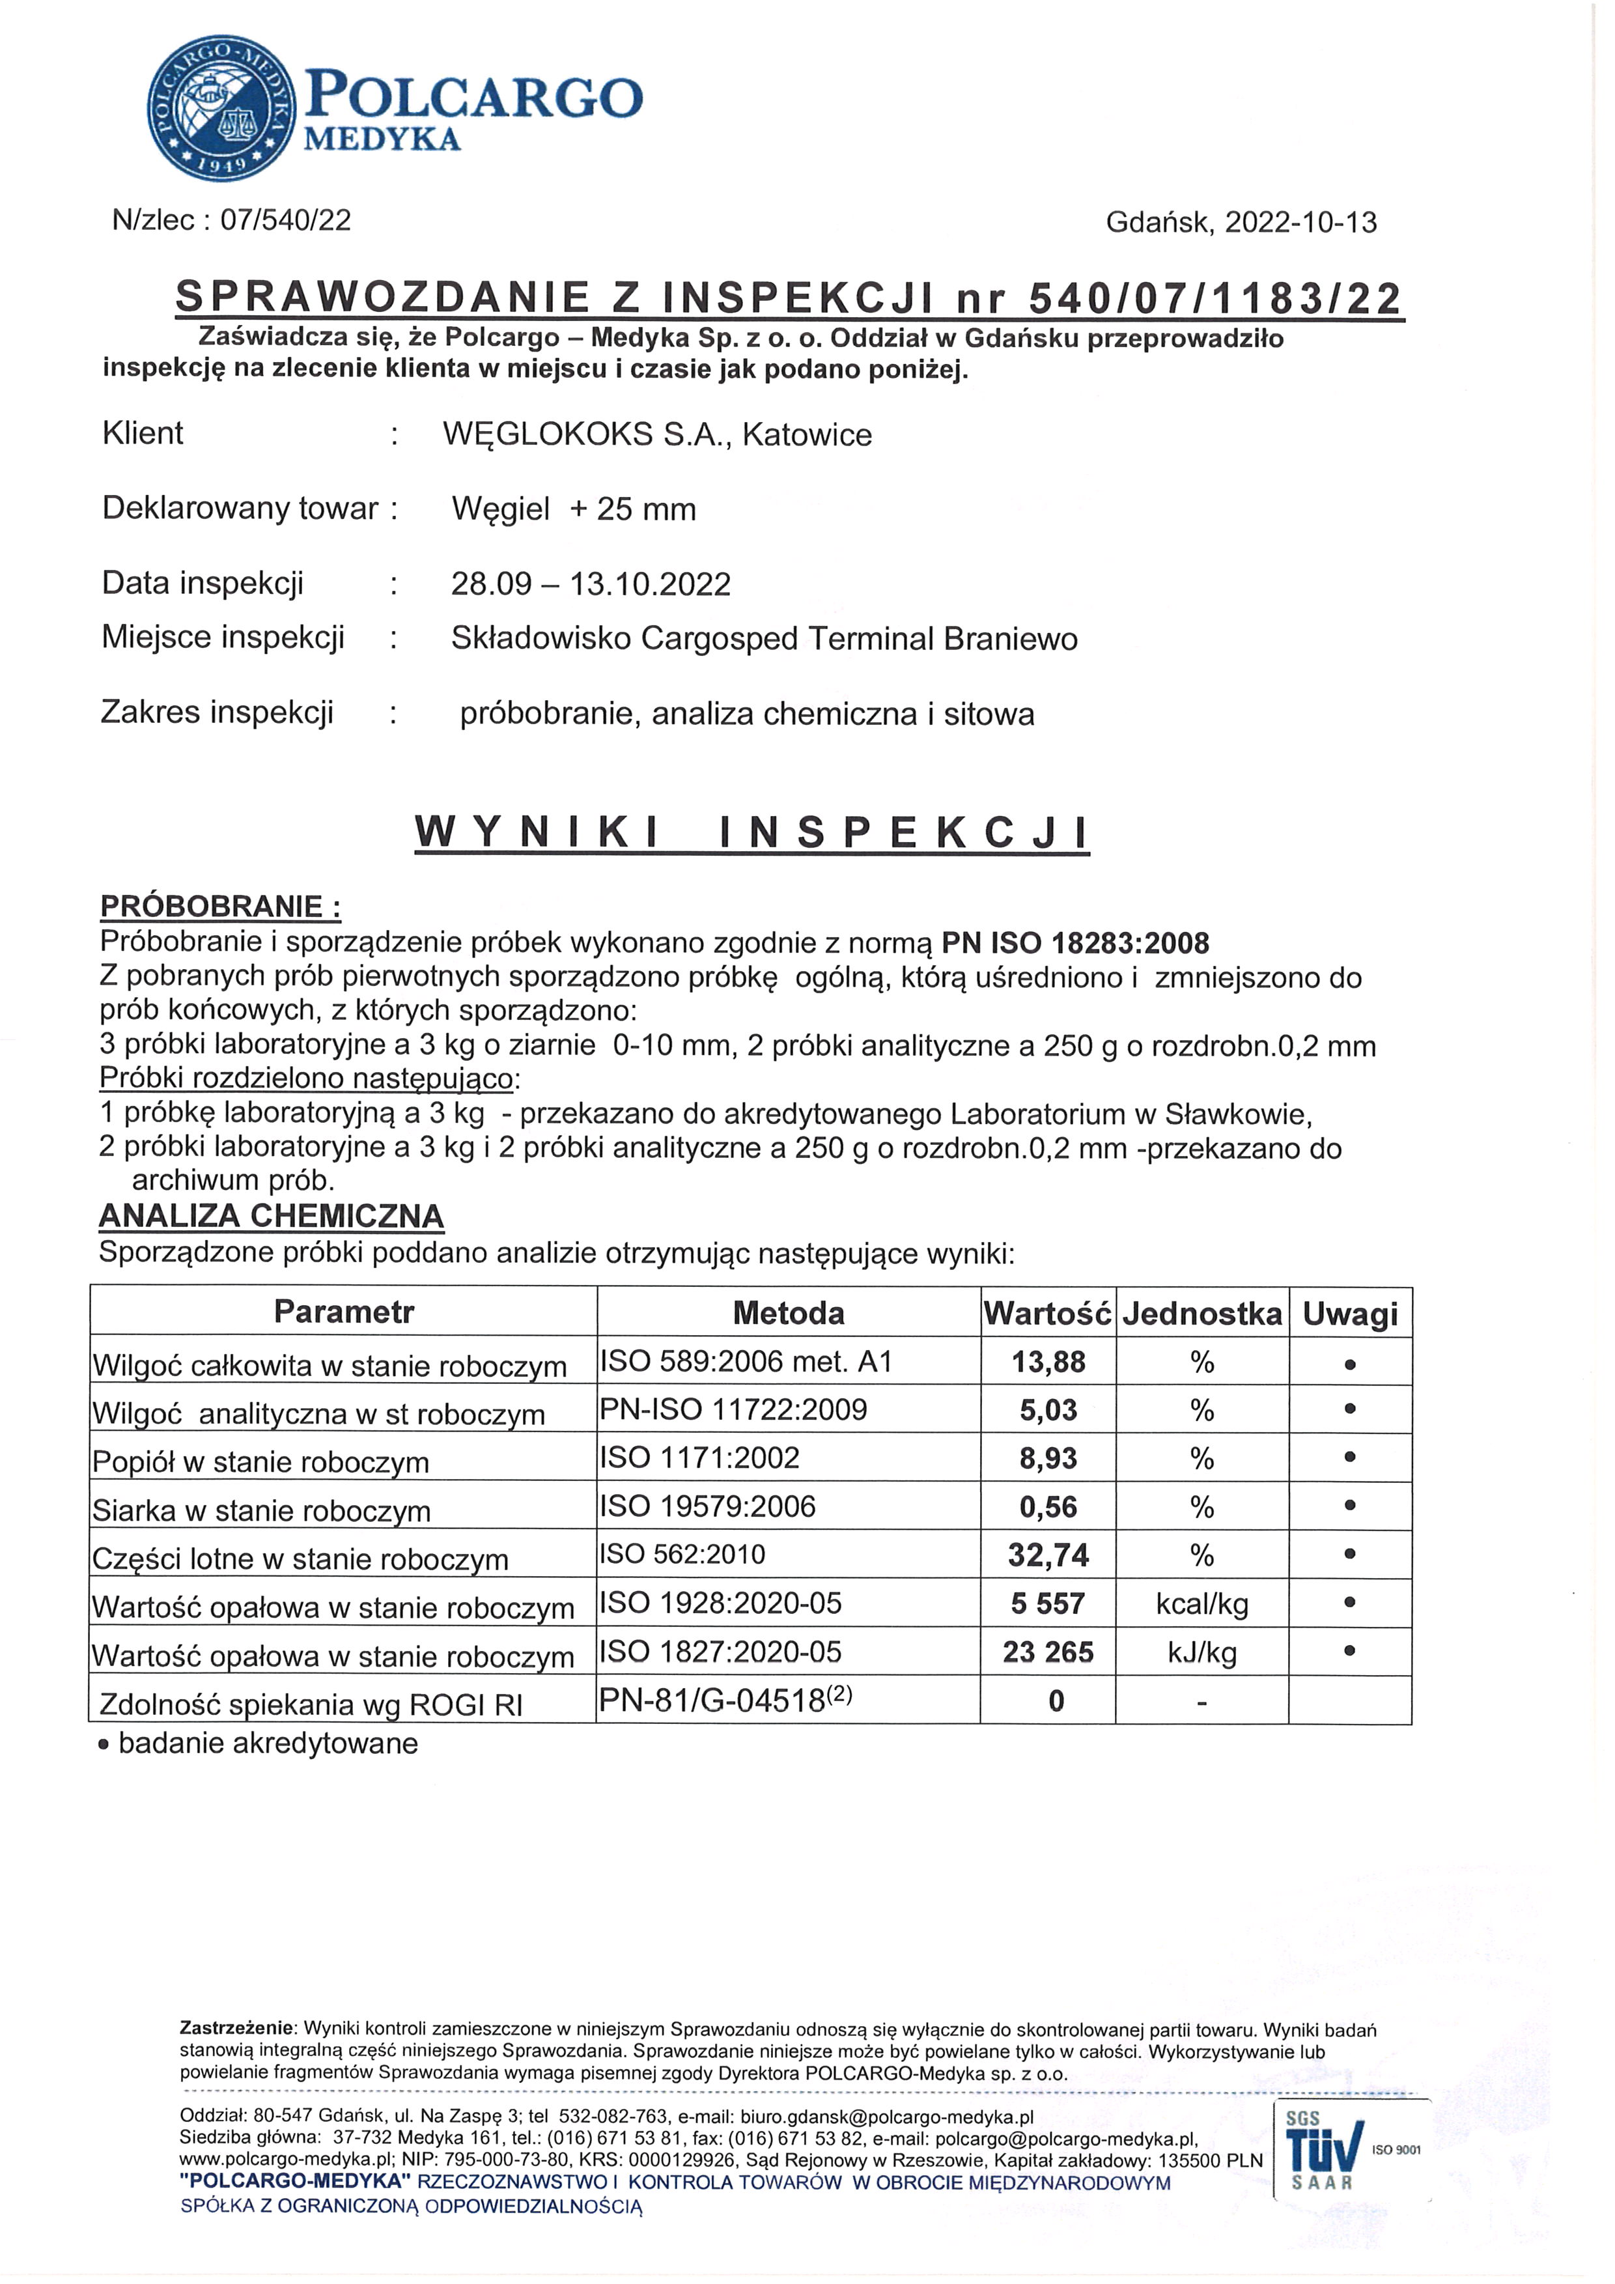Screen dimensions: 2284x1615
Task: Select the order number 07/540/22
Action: point(285,220)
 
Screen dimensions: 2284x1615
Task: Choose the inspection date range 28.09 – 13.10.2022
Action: point(591,584)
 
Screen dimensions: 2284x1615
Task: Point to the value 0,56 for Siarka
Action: point(1048,1507)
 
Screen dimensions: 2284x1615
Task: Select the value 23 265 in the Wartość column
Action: point(1048,1652)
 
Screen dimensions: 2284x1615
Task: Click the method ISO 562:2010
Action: point(682,1555)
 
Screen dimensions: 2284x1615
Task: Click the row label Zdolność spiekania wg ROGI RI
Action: point(310,1705)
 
